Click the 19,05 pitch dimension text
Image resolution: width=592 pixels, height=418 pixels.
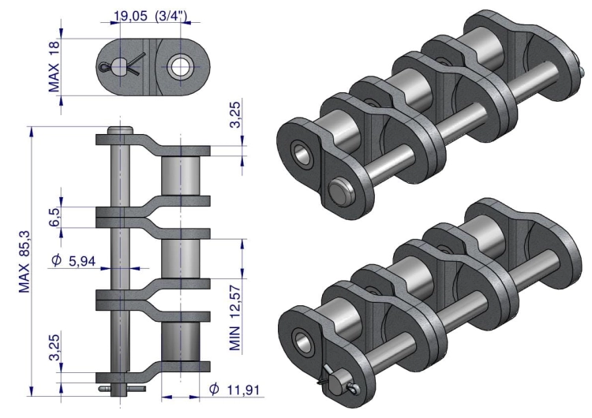[x=130, y=16]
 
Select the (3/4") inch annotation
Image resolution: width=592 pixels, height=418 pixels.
[x=171, y=16]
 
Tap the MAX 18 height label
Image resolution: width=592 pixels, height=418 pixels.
[x=54, y=66]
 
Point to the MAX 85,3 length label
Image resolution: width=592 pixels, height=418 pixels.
[x=24, y=261]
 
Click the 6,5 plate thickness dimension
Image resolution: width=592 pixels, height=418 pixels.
[x=54, y=217]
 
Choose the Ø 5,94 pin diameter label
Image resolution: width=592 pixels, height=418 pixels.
[x=73, y=260]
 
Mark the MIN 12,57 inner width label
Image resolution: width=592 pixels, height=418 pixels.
[x=235, y=318]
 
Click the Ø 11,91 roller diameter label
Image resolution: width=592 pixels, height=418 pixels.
[x=234, y=390]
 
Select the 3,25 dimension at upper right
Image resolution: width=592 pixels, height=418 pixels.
[x=235, y=114]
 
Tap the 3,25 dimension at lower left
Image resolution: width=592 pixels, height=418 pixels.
[x=54, y=347]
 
